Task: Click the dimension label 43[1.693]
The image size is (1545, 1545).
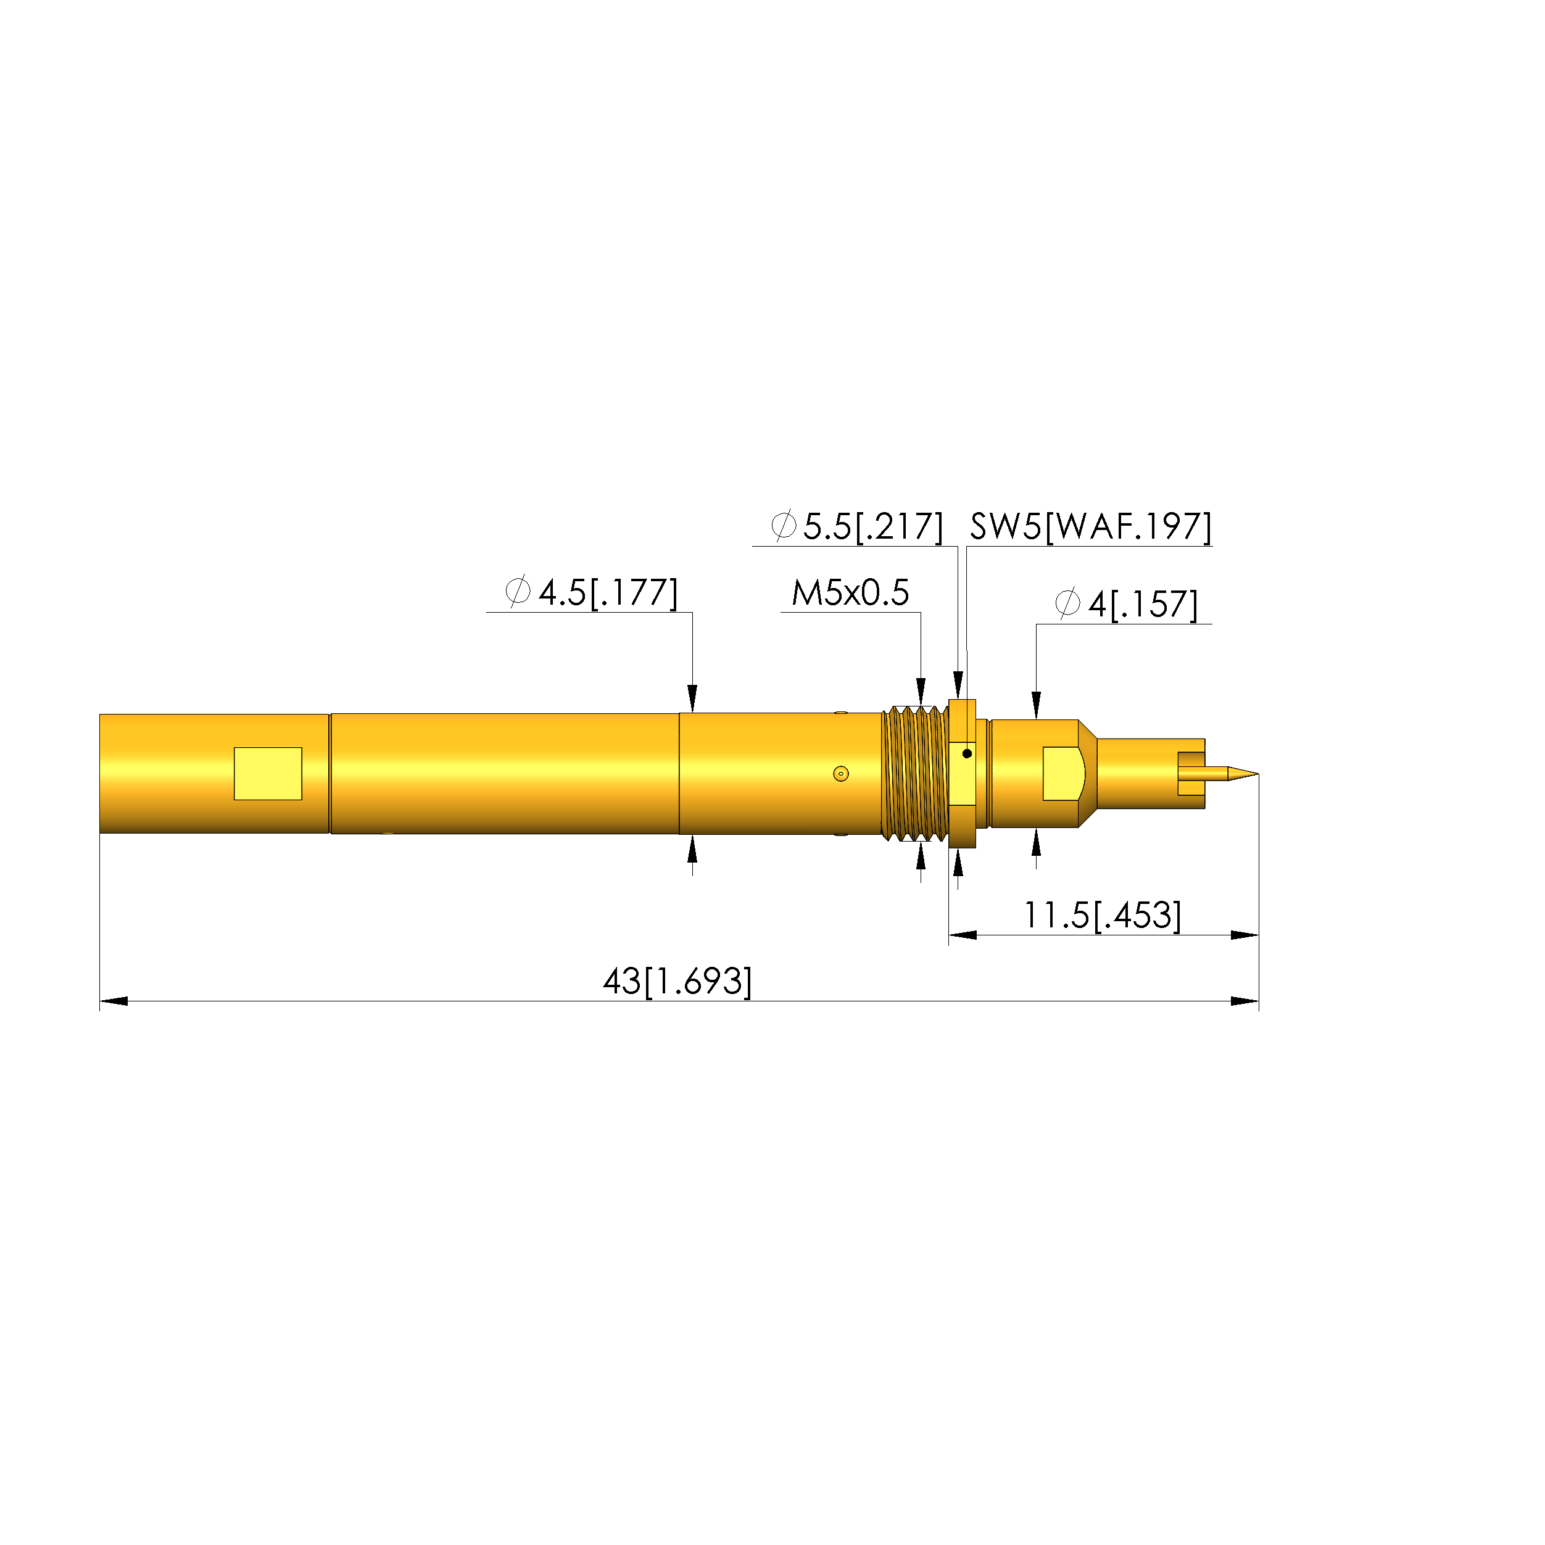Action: [x=677, y=981]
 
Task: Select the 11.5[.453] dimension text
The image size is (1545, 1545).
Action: [x=1102, y=915]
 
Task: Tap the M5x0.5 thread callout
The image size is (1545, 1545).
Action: [x=850, y=592]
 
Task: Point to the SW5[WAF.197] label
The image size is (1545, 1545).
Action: [x=1091, y=526]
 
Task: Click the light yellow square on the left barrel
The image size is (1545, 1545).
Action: [x=268, y=773]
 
